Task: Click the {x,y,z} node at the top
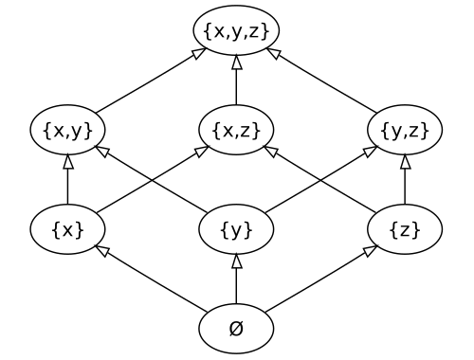[x=236, y=30]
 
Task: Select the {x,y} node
[x=67, y=130]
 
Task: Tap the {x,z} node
[x=236, y=130]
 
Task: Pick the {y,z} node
[x=405, y=130]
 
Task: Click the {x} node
[x=67, y=228]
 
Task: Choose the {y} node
[x=236, y=228]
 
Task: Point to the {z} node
[x=405, y=228]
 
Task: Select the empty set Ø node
[x=236, y=328]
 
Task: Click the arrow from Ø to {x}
[x=152, y=279]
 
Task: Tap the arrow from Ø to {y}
[x=236, y=279]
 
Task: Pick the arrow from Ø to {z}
[x=320, y=279]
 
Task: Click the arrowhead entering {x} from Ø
[x=104, y=250]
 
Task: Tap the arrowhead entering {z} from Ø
[x=368, y=250]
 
